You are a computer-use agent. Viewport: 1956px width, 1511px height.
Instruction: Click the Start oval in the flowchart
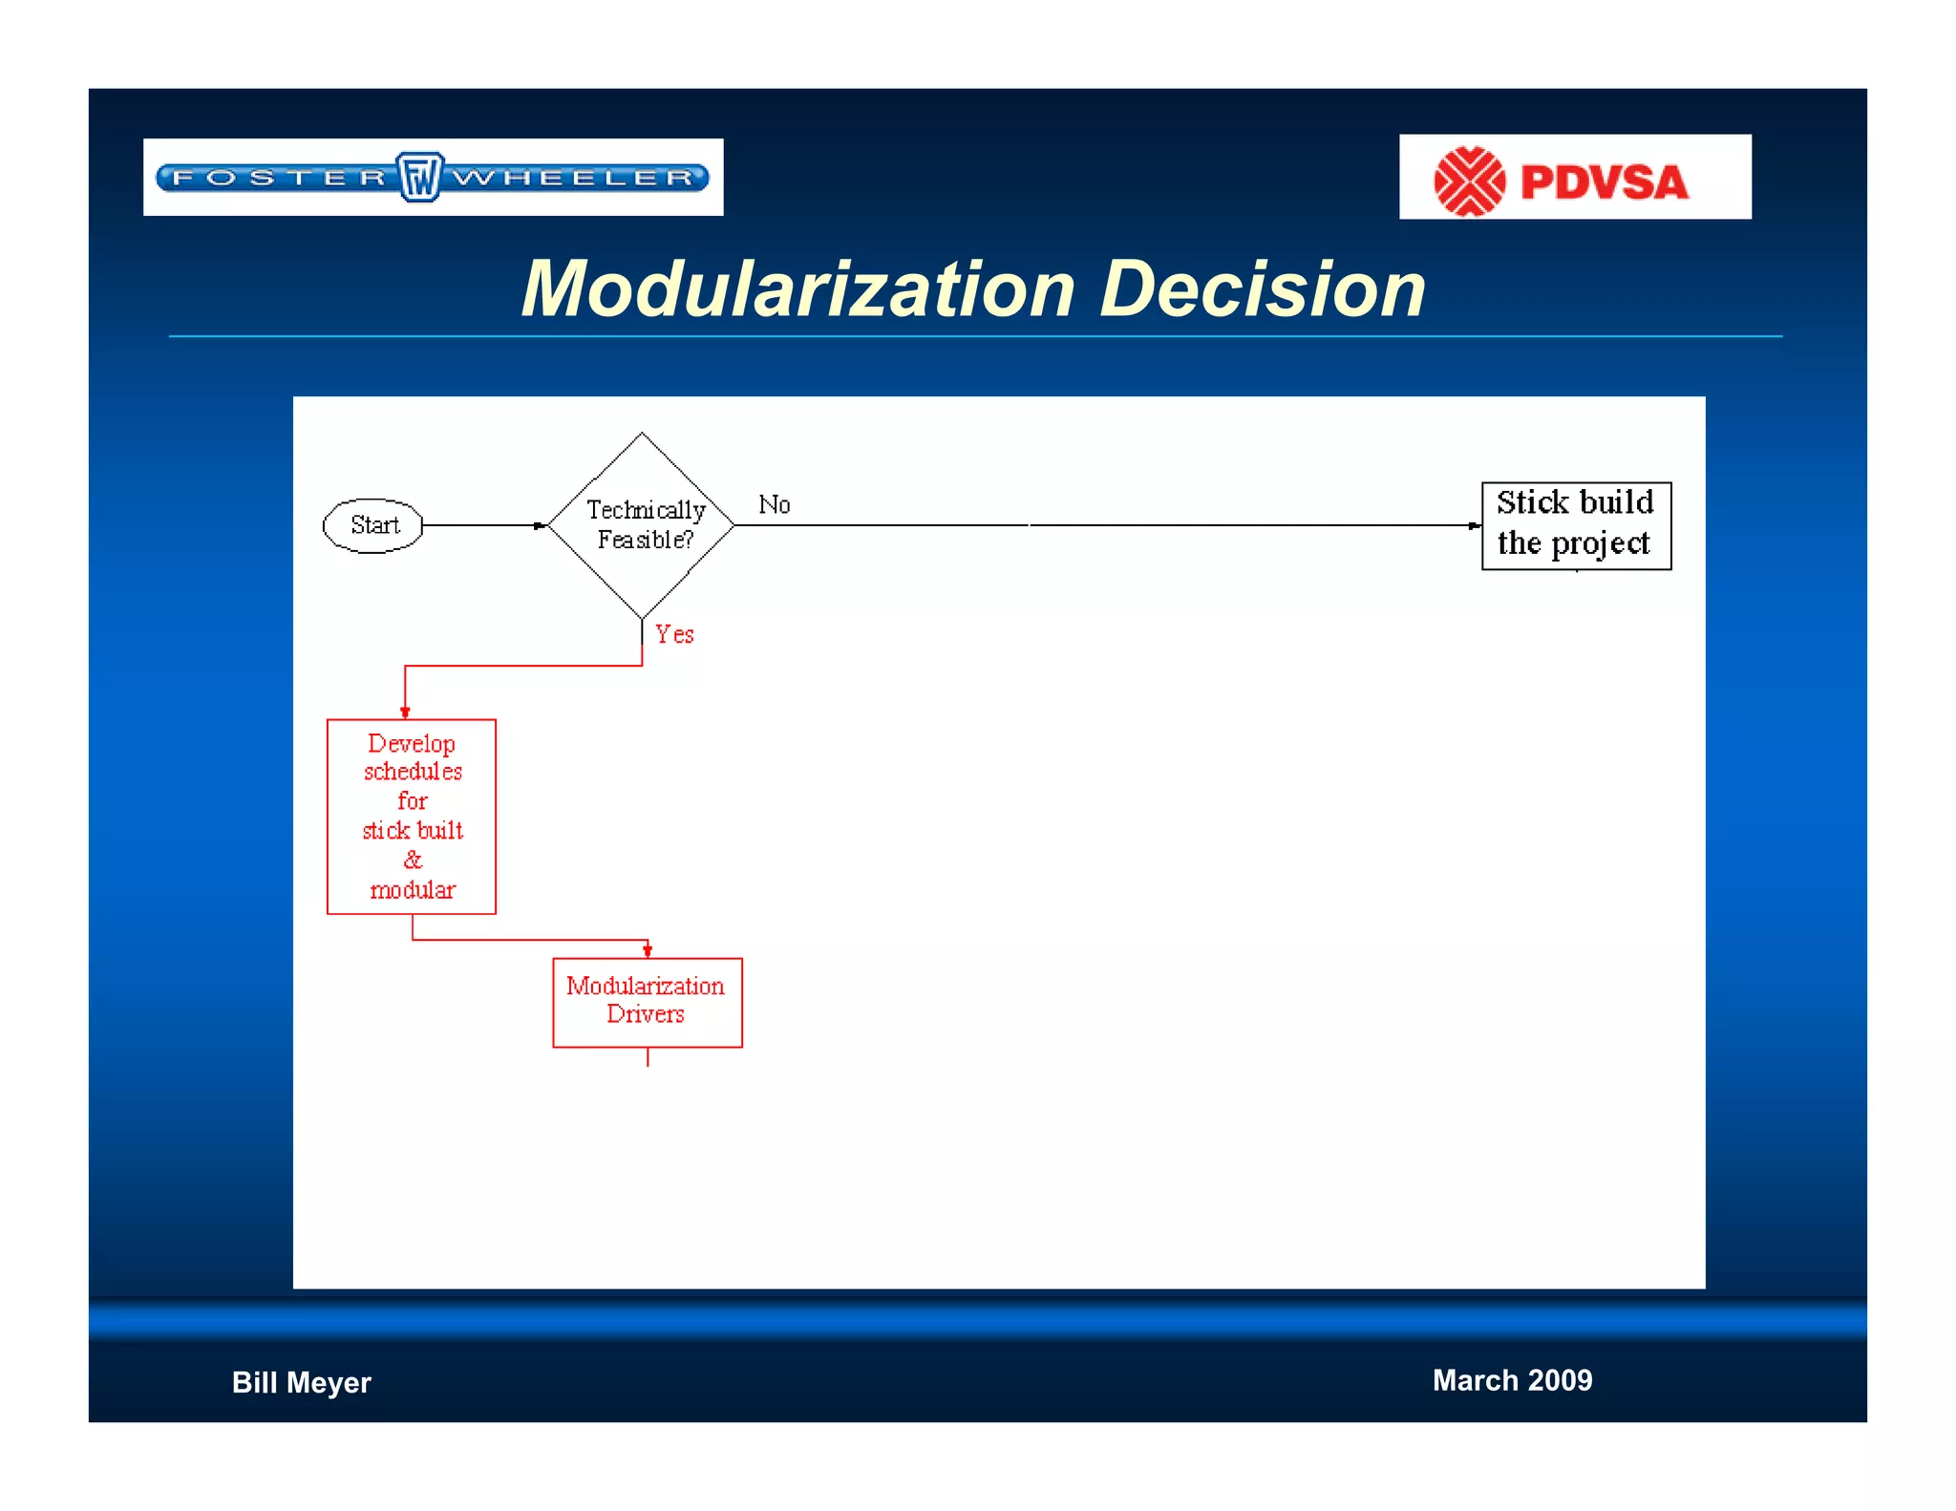coord(373,525)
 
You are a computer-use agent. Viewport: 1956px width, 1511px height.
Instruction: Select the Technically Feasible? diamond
coord(643,525)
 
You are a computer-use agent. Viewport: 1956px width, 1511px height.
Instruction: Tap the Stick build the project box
coord(1576,525)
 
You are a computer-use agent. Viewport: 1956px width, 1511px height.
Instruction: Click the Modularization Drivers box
coord(647,1002)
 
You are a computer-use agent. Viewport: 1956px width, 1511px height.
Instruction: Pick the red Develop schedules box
coord(412,816)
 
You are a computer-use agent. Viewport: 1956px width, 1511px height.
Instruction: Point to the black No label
coord(774,504)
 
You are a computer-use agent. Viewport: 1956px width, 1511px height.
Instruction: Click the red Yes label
coord(674,634)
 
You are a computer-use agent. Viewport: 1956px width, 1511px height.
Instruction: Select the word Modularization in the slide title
coord(798,288)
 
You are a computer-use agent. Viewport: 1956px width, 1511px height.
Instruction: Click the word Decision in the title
coord(1263,288)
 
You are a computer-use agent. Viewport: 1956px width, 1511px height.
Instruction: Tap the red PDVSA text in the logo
coord(1604,182)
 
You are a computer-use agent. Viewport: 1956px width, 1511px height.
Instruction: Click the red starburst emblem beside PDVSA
coord(1469,181)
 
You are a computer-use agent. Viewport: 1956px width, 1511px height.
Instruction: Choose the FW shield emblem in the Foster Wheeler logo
coord(420,177)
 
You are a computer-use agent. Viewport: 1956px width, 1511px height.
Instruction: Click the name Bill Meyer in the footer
coord(301,1382)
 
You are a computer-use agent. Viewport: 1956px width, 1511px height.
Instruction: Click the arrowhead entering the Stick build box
coord(1474,525)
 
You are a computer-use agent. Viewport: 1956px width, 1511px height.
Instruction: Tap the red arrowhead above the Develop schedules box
coord(405,712)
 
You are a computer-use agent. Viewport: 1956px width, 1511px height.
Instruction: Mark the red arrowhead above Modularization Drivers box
coord(648,950)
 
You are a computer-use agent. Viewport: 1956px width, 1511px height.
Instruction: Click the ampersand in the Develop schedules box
coord(413,860)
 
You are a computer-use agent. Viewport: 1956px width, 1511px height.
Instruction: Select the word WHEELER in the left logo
coord(573,178)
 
